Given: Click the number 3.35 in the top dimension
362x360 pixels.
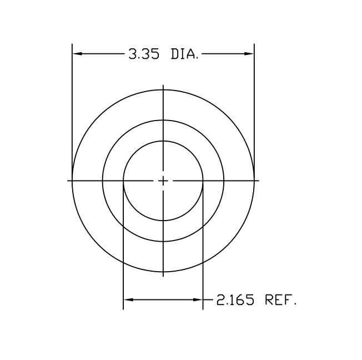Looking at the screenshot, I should [144, 54].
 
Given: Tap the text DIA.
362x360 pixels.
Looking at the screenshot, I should [184, 54].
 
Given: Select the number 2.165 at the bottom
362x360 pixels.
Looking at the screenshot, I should [235, 301].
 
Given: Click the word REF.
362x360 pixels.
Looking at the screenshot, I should [281, 301].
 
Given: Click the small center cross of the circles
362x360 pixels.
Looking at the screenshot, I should [163, 181].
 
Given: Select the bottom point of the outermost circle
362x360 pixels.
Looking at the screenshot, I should [163, 272].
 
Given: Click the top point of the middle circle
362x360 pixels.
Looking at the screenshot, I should [163, 120].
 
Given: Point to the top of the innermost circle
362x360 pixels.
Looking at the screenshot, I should [163, 141].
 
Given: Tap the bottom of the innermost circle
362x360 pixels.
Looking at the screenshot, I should [163, 221].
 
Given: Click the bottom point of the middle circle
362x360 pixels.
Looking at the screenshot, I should [163, 241].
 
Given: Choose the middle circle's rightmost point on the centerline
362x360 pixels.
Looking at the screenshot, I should [224, 181].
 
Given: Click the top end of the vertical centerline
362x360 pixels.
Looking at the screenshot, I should [163, 86].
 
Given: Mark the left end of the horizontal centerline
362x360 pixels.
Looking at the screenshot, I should [68, 181].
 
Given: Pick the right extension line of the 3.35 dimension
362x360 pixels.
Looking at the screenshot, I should [254, 106].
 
